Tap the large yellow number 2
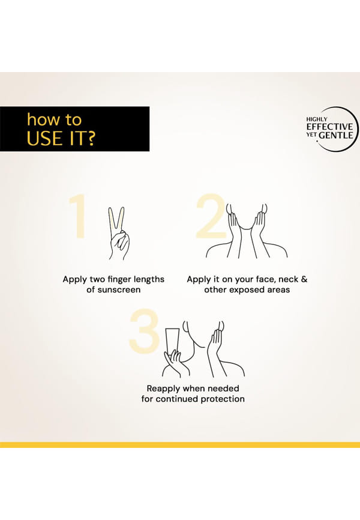(211, 216)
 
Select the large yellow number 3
(144, 331)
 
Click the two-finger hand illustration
(119, 234)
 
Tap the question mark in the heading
(91, 138)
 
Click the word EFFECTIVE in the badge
(329, 127)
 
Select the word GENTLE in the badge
(336, 135)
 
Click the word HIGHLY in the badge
(317, 119)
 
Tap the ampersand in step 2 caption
(304, 279)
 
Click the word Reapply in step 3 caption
(164, 388)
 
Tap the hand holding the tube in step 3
(173, 363)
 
